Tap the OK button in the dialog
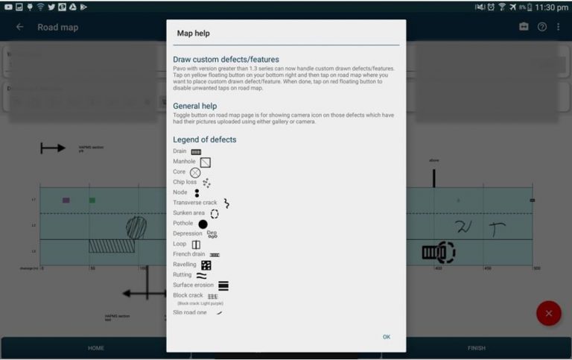[x=387, y=337]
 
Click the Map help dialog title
[x=195, y=34]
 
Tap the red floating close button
[x=549, y=313]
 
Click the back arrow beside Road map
[x=20, y=27]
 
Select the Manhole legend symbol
[x=206, y=162]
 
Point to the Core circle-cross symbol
[x=195, y=172]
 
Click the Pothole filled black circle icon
[x=203, y=224]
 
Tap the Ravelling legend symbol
[x=206, y=265]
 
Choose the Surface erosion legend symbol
[x=223, y=285]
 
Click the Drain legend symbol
[x=196, y=151]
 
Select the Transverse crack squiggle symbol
[x=226, y=203]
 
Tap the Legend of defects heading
[x=205, y=139]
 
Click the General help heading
[x=195, y=106]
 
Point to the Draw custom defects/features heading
[x=226, y=59]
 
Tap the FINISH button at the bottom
[x=477, y=348]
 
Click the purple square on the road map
[x=66, y=200]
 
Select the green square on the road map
[x=92, y=200]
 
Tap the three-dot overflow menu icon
[x=559, y=27]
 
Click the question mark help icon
[x=541, y=27]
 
